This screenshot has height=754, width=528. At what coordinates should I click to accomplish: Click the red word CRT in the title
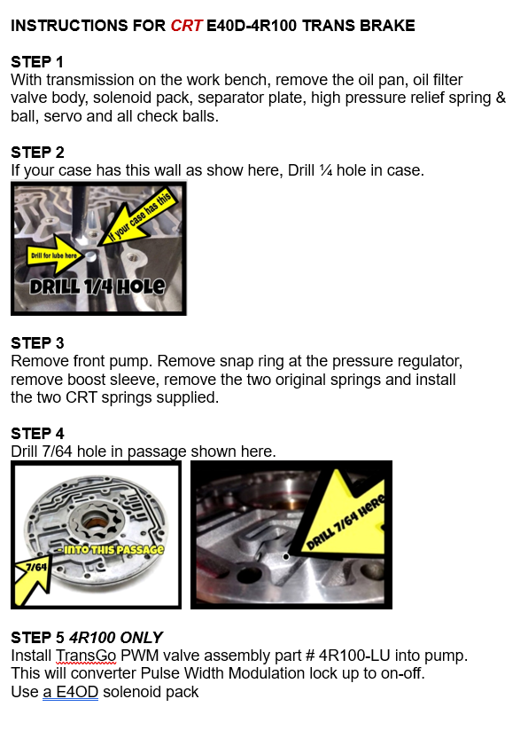coord(186,26)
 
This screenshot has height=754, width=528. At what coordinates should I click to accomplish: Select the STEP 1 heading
coord(37,62)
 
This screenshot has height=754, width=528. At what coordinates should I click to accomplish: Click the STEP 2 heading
coord(37,153)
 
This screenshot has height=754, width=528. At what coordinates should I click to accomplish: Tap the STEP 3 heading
coord(37,343)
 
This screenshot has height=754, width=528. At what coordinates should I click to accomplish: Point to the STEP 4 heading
coord(37,434)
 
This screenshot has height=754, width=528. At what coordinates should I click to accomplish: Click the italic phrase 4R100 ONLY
coord(116,638)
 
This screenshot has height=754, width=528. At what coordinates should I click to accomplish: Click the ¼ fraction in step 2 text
coord(326,170)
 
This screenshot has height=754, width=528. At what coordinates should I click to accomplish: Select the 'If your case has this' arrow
coord(139,216)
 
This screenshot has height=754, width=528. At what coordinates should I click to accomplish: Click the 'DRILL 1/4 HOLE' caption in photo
coord(97,287)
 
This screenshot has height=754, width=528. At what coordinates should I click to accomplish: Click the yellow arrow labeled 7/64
coord(33,580)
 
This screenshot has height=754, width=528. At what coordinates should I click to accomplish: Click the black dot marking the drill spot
coord(286,557)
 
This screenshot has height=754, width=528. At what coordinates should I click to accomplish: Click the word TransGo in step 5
coord(86,656)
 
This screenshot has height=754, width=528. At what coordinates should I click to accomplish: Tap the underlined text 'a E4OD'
coord(71,692)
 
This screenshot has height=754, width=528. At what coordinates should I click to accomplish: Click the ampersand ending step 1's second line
coord(501,98)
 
